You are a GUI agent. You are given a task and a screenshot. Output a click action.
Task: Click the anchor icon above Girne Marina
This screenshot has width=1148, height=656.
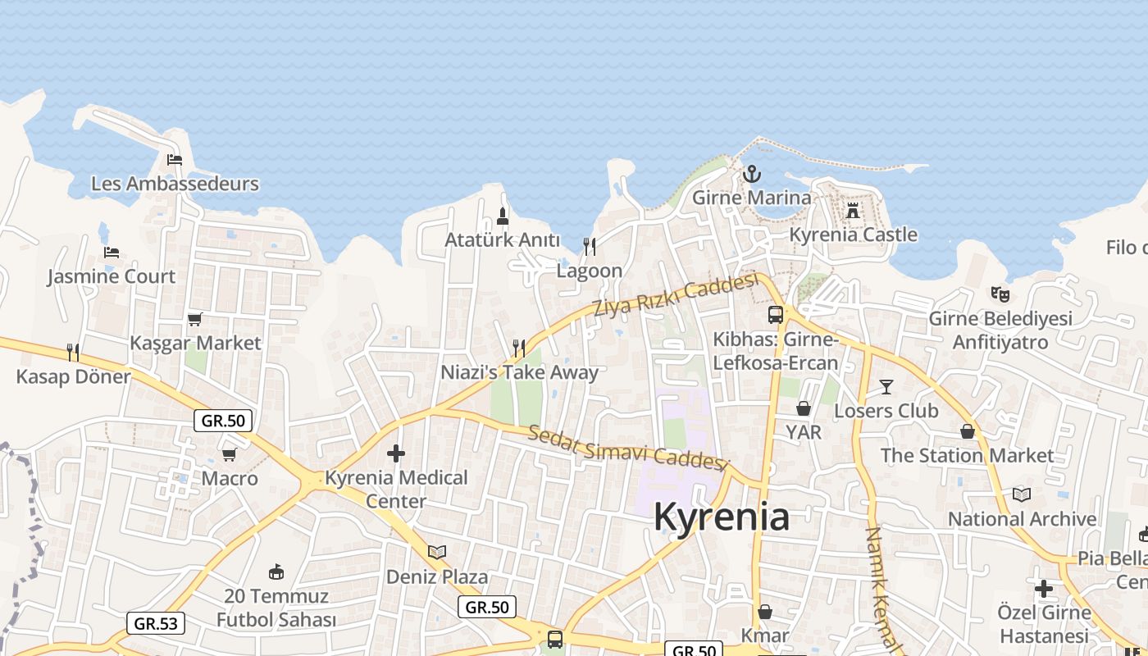(751, 174)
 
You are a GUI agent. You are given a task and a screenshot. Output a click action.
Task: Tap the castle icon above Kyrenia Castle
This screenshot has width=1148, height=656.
(853, 211)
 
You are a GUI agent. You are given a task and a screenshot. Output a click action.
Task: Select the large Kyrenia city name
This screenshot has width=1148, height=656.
(722, 517)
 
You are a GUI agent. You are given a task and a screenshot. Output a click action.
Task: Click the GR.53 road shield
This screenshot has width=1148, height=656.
(156, 623)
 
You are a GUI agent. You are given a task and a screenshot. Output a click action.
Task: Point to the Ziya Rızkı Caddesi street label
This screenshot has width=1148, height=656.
(675, 297)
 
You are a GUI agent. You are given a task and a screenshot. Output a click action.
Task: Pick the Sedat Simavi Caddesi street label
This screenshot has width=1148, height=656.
(627, 448)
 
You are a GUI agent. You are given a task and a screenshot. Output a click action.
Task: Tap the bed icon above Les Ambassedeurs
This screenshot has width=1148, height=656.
(175, 159)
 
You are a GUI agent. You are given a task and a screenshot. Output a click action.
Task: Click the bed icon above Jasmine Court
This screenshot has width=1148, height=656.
(112, 252)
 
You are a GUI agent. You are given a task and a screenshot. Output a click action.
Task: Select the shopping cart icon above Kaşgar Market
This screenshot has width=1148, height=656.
(195, 319)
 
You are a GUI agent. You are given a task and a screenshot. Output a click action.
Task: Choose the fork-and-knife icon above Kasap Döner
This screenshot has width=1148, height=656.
(73, 353)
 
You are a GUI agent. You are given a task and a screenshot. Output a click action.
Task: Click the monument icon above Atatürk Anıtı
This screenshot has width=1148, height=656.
(503, 216)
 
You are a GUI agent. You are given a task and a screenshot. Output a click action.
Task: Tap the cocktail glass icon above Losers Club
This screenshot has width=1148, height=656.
(886, 386)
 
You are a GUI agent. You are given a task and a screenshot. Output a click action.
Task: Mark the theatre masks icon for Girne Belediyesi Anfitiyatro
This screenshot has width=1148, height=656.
(1000, 294)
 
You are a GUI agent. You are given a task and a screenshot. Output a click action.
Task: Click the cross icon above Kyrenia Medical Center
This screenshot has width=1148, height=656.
(396, 453)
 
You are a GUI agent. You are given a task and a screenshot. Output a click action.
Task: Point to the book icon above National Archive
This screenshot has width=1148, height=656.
(1021, 494)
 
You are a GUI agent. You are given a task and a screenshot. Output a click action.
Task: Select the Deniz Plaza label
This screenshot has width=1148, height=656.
(437, 576)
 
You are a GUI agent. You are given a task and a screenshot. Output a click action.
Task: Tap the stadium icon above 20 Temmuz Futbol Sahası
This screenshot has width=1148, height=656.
(276, 572)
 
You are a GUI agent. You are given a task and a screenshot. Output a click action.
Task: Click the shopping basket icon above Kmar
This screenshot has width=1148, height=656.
(765, 612)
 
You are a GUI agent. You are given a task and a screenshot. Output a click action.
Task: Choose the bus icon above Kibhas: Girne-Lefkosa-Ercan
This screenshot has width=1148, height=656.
(775, 315)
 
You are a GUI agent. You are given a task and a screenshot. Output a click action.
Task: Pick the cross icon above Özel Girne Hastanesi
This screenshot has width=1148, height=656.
(1044, 588)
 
